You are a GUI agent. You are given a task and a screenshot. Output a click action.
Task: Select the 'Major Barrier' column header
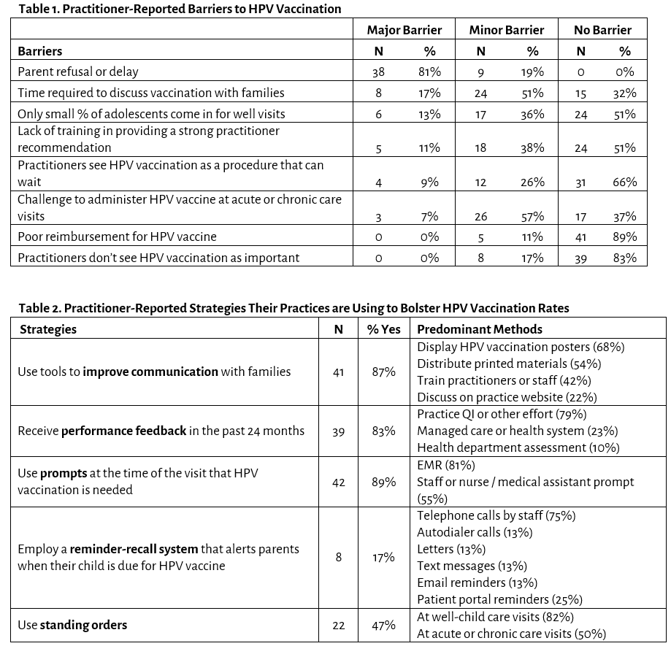click(x=404, y=30)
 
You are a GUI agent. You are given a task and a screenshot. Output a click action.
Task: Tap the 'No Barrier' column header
click(x=602, y=30)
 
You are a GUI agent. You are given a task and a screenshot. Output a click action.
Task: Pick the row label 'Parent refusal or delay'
click(x=78, y=72)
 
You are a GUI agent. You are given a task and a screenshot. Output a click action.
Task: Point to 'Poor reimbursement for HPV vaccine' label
click(x=117, y=237)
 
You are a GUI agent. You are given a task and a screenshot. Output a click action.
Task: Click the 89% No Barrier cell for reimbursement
click(x=625, y=237)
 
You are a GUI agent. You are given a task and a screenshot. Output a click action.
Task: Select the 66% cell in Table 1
click(x=625, y=182)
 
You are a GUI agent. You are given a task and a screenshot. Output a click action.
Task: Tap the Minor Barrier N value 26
click(x=480, y=216)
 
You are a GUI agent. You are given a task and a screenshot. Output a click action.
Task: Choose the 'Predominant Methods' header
click(x=480, y=329)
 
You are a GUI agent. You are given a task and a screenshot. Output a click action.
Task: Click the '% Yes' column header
click(x=384, y=329)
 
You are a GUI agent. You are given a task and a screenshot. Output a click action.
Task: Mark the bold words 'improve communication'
click(x=150, y=372)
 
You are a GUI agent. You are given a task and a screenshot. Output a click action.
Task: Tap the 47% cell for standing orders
click(x=384, y=625)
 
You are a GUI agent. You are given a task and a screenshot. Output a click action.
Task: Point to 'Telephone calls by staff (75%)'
click(x=496, y=515)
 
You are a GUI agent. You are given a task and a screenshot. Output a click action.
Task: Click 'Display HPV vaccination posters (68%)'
click(x=521, y=347)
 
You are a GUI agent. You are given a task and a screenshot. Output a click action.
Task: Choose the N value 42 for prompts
click(x=338, y=482)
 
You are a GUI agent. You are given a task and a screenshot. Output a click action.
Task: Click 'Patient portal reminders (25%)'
click(x=499, y=599)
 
